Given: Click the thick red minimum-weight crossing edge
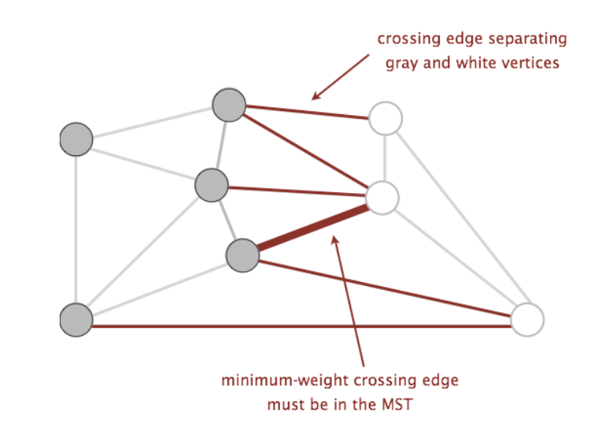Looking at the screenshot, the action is pos(312,228).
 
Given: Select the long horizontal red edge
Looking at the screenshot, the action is pos(301,326).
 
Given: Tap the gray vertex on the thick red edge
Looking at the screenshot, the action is pos(242,255).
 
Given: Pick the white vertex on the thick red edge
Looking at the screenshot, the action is pos(382,198).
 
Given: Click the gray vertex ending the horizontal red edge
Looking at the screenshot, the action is pos(76,320).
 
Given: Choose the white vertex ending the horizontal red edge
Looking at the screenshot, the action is pos(527,320).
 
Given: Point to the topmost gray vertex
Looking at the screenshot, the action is pos(229,105).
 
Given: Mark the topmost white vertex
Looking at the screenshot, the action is pos(386,118).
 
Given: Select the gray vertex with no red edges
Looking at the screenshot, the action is pos(76,139).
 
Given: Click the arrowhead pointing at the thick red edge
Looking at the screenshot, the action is pos(335,240).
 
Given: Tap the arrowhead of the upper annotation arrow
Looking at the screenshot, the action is pos(316,97).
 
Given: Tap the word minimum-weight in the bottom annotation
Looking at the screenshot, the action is pos(285,381).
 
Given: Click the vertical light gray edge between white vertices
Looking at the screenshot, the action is pos(386,158).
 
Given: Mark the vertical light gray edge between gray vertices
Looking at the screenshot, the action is pos(76,229).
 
